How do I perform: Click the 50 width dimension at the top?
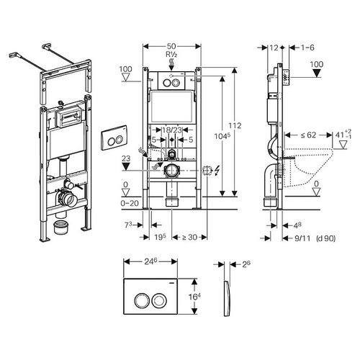pos(171,46)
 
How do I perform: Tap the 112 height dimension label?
pos(235,125)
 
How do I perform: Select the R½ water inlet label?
pos(171,55)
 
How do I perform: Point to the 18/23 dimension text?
pos(172,130)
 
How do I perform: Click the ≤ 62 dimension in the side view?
pos(308,135)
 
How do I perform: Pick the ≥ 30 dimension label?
pos(189,237)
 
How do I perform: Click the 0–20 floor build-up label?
pos(130,203)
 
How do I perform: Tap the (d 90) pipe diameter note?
pos(326,238)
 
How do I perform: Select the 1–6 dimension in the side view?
pos(307,48)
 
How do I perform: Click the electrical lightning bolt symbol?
pos(217,171)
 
